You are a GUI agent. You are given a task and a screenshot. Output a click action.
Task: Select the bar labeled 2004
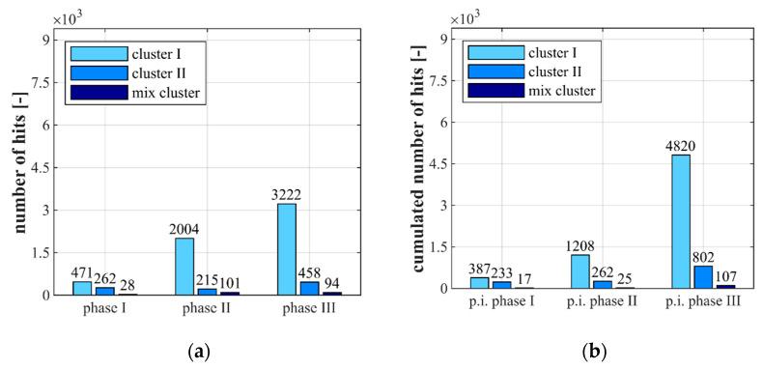[x=184, y=266]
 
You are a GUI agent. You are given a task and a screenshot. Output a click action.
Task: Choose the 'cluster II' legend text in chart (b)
[x=557, y=71]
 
